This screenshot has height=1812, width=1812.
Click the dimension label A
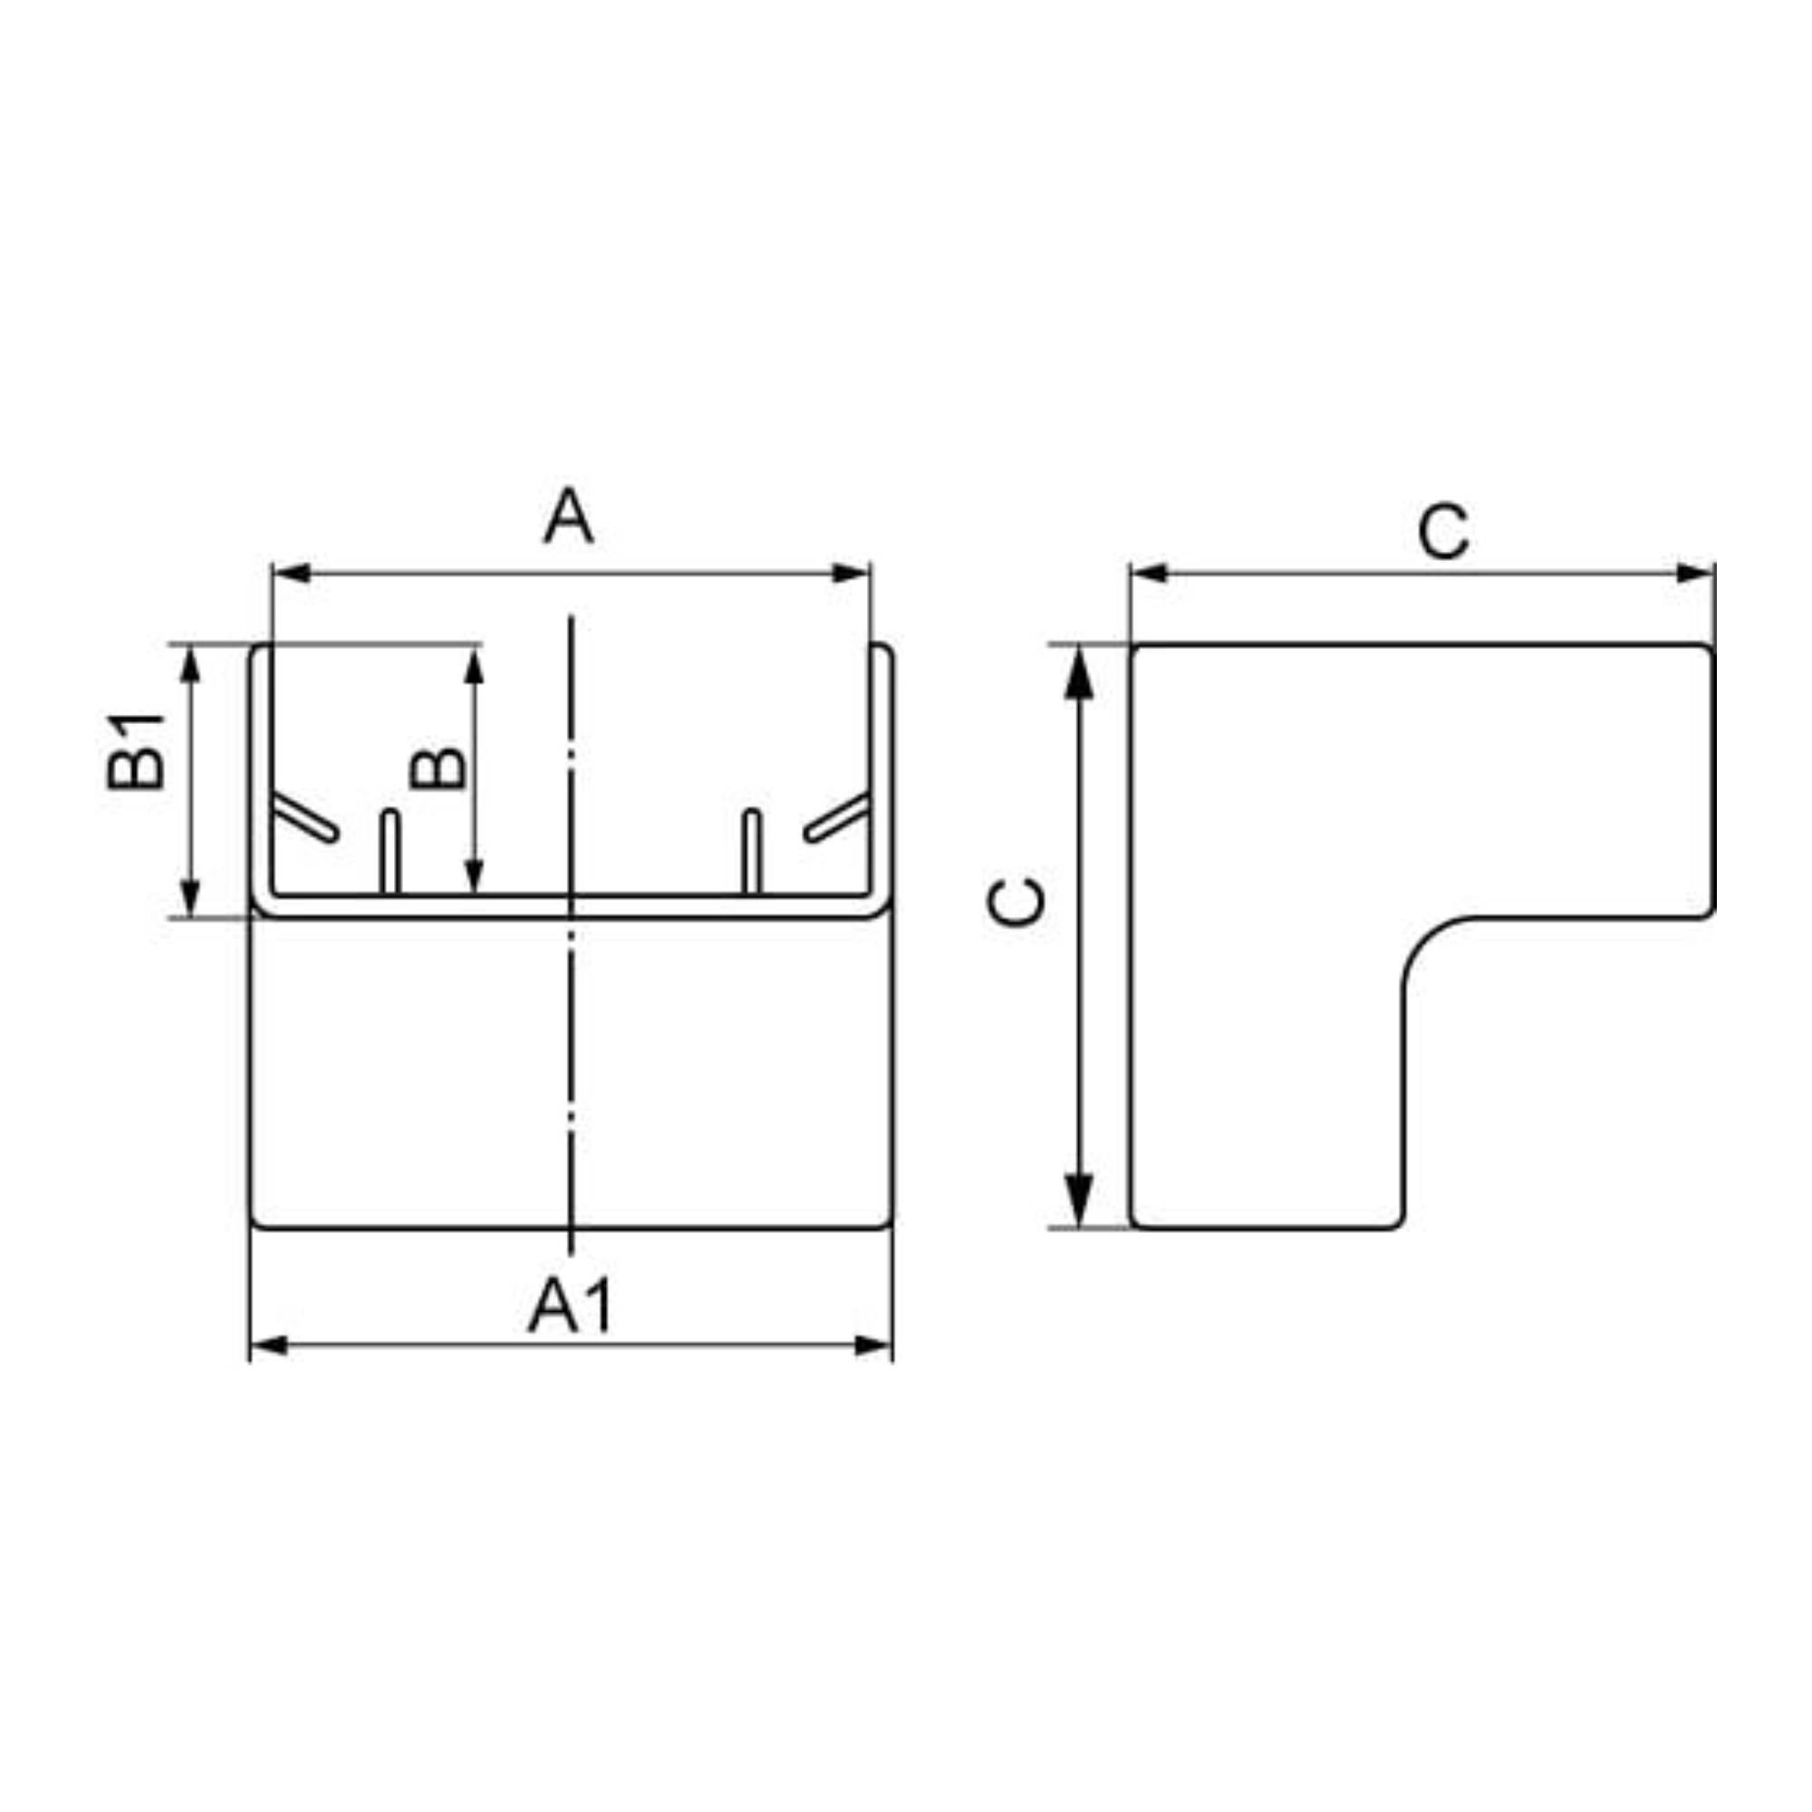click(x=568, y=517)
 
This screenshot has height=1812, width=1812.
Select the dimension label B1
click(x=135, y=750)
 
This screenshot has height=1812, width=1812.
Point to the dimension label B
click(x=437, y=767)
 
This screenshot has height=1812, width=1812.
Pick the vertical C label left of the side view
click(x=1017, y=902)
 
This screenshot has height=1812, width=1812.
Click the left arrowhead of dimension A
click(x=291, y=573)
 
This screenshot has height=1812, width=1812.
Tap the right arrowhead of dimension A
click(x=851, y=573)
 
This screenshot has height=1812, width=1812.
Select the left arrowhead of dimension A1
click(x=269, y=1346)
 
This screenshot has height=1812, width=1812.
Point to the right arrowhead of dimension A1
click(x=873, y=1346)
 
